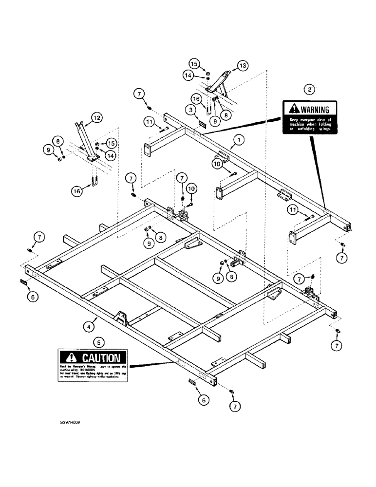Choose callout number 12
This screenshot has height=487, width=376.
pyautogui.click(x=96, y=117)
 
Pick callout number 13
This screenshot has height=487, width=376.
pyautogui.click(x=243, y=65)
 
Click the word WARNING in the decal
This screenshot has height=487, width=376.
pyautogui.click(x=314, y=110)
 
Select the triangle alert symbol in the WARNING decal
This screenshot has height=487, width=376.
pyautogui.click(x=293, y=110)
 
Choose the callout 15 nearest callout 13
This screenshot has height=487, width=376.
pyautogui.click(x=207, y=64)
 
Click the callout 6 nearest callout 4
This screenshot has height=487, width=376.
pyautogui.click(x=32, y=295)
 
